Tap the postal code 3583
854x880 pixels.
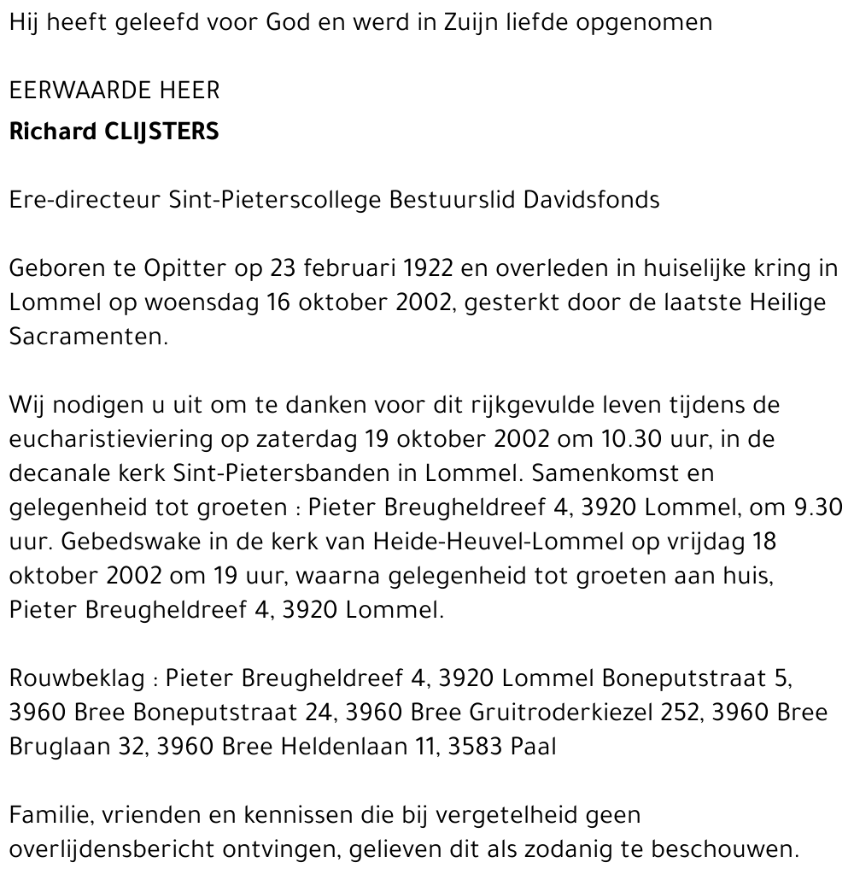pos(469,747)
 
